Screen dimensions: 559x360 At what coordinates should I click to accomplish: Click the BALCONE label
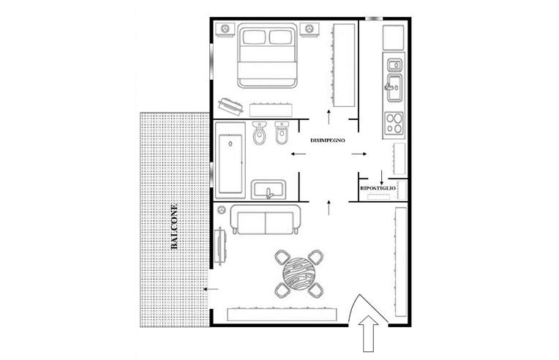(x=174, y=227)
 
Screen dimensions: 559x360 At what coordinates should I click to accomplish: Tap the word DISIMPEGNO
(x=328, y=140)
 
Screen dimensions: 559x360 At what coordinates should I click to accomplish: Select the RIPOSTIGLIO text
(x=378, y=188)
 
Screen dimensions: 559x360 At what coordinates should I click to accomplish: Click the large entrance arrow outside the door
(x=368, y=333)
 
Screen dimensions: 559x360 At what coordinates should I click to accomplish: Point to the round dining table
(x=299, y=274)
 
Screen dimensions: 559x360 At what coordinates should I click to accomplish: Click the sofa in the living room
(x=266, y=220)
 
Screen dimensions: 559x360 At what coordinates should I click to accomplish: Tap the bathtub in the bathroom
(x=230, y=160)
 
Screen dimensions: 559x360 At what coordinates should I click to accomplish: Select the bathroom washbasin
(x=269, y=190)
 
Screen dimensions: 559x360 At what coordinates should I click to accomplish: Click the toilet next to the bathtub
(x=259, y=133)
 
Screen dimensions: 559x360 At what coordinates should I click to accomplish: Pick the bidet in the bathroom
(x=282, y=133)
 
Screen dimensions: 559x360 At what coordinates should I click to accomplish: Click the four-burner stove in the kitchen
(x=394, y=123)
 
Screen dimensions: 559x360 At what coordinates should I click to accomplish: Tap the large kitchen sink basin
(x=394, y=88)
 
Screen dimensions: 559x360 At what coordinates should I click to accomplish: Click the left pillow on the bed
(x=253, y=37)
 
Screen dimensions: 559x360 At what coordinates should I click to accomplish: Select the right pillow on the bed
(x=280, y=37)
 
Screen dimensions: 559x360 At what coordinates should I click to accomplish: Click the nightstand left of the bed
(x=225, y=29)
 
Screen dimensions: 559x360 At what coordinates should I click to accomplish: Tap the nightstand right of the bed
(x=309, y=29)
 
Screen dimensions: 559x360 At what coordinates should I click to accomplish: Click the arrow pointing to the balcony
(x=211, y=289)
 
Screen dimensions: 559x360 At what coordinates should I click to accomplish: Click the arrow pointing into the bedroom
(x=329, y=116)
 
